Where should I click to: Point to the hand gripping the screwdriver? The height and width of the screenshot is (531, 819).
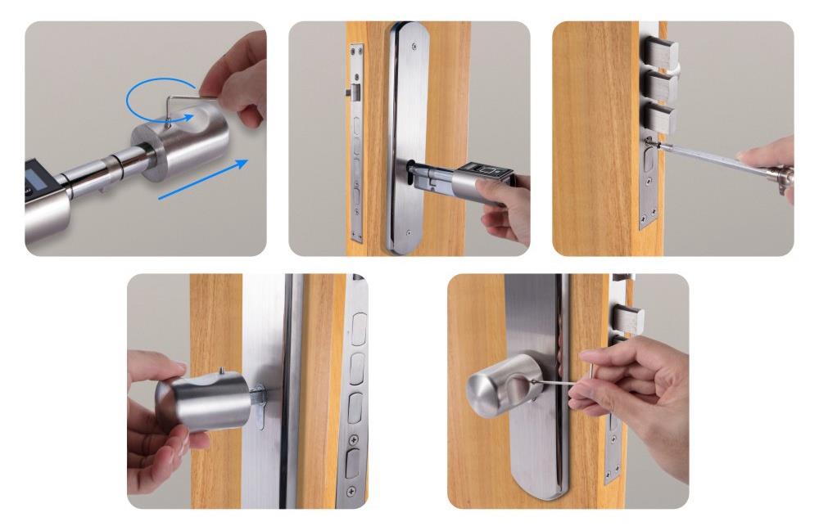(x=774, y=160)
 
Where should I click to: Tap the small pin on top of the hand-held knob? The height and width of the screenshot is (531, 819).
(x=221, y=372)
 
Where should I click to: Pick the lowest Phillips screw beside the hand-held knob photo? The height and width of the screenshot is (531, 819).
(x=352, y=490)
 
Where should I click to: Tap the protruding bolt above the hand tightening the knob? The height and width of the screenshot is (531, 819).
(x=629, y=317)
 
